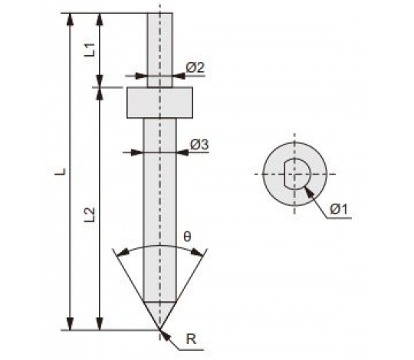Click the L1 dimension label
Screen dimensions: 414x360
tap(90, 50)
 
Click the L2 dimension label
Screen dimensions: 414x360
tap(90, 214)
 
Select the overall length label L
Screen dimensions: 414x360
tap(61, 172)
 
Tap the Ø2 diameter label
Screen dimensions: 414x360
tap(195, 67)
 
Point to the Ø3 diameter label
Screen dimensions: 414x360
tap(199, 144)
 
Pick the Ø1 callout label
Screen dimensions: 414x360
tap(339, 210)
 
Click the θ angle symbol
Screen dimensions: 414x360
tap(187, 237)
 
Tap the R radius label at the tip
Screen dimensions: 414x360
tap(191, 339)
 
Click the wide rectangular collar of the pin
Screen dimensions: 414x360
tap(159, 103)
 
